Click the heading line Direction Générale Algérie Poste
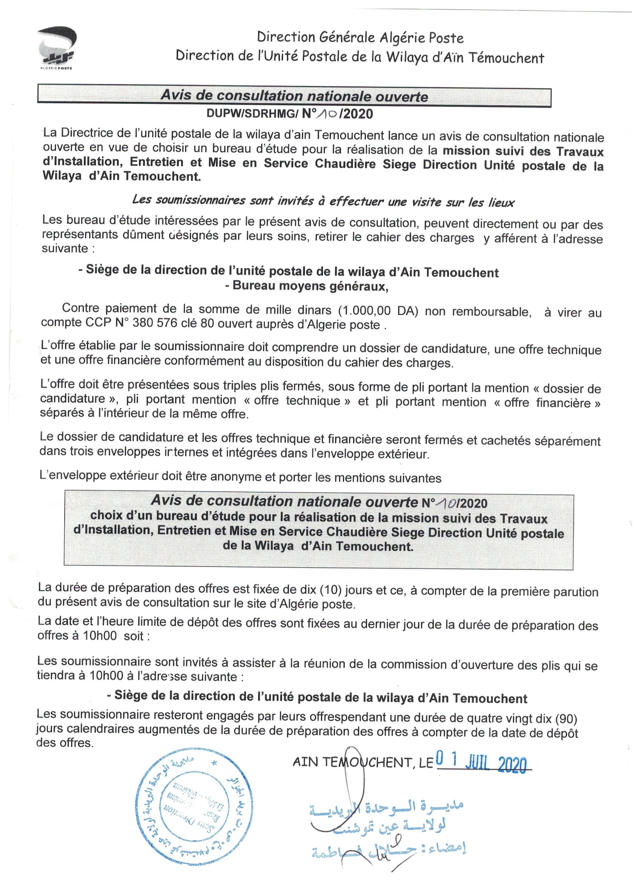[360, 38]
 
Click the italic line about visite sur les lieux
[323, 201]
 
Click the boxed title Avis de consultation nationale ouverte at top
[294, 96]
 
